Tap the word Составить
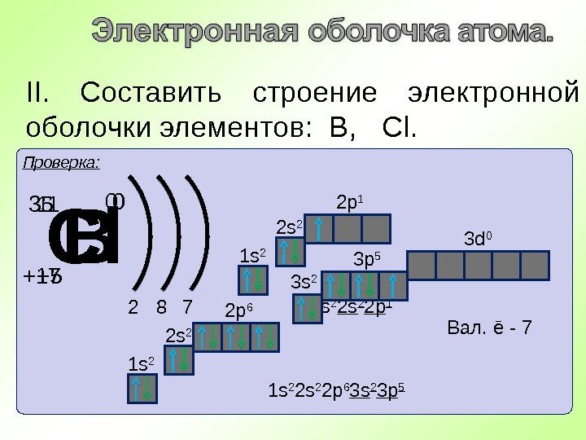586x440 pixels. [151, 93]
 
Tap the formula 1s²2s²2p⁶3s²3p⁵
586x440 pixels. [337, 390]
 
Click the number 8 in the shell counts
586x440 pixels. [161, 308]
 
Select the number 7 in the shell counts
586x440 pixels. [186, 308]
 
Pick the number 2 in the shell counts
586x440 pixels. [133, 308]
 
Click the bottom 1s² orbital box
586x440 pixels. [142, 387]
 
